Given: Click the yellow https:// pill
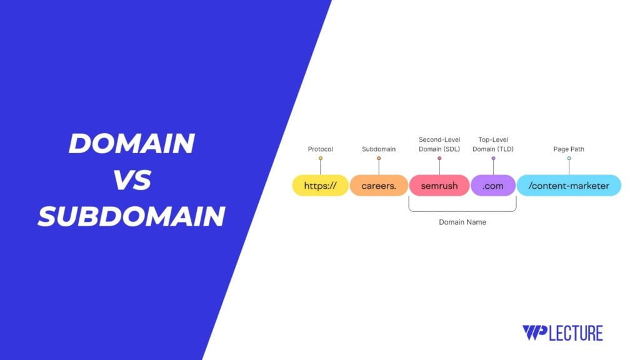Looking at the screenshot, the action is [321, 186].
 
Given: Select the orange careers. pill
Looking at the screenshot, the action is [379, 186].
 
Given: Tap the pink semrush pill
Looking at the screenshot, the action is [439, 186].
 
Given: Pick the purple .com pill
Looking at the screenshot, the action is [493, 186].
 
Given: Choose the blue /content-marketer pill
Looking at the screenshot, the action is [569, 186].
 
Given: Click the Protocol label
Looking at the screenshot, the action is [321, 149].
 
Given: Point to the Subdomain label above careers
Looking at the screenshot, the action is [379, 149].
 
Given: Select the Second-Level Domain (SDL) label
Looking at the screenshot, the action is [439, 144].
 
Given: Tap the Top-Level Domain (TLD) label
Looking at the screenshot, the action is [493, 144].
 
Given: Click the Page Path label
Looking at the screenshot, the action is [569, 149].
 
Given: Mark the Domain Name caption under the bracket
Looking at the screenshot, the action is [462, 222].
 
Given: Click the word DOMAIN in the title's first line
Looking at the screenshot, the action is [131, 144].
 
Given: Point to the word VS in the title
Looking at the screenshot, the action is [132, 180].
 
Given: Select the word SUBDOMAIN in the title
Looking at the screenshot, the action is [131, 216].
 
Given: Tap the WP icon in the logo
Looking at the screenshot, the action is [535, 332].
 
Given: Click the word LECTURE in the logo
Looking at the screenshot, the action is [576, 332].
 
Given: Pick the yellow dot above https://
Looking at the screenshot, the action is [321, 158].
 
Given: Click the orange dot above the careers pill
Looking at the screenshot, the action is [379, 158].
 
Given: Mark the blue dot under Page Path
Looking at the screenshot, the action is [569, 158].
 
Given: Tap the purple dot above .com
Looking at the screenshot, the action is [493, 158].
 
